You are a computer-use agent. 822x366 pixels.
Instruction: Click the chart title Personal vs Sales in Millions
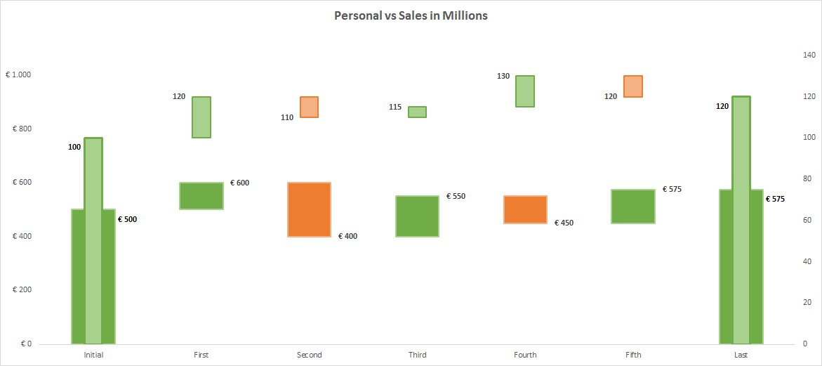click(411, 15)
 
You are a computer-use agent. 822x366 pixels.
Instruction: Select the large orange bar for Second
click(309, 209)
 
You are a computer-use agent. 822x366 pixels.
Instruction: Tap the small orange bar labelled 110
click(309, 107)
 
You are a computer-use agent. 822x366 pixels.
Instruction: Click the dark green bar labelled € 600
click(201, 196)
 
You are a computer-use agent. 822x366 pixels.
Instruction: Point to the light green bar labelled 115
click(417, 112)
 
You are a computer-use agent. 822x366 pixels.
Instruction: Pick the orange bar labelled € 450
click(525, 209)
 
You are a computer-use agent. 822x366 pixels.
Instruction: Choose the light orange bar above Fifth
click(633, 86)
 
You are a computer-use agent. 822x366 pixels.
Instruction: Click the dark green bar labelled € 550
click(417, 216)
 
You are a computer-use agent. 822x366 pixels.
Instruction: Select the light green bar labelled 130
click(525, 91)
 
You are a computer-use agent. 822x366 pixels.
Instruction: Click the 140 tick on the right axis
click(808, 55)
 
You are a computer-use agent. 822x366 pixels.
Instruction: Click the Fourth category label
click(525, 355)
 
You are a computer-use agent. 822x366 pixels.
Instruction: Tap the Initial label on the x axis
click(93, 355)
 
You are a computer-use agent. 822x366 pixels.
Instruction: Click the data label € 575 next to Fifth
click(672, 189)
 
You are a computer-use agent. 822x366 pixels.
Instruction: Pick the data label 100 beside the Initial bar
click(74, 147)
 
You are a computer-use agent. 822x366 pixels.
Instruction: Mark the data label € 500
click(127, 219)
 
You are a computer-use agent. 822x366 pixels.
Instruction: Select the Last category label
click(741, 355)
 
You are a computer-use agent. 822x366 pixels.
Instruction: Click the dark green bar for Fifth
click(633, 207)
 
